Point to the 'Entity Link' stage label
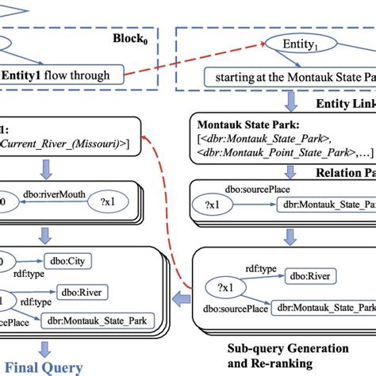point(341,105)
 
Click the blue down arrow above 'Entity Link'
point(291,100)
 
